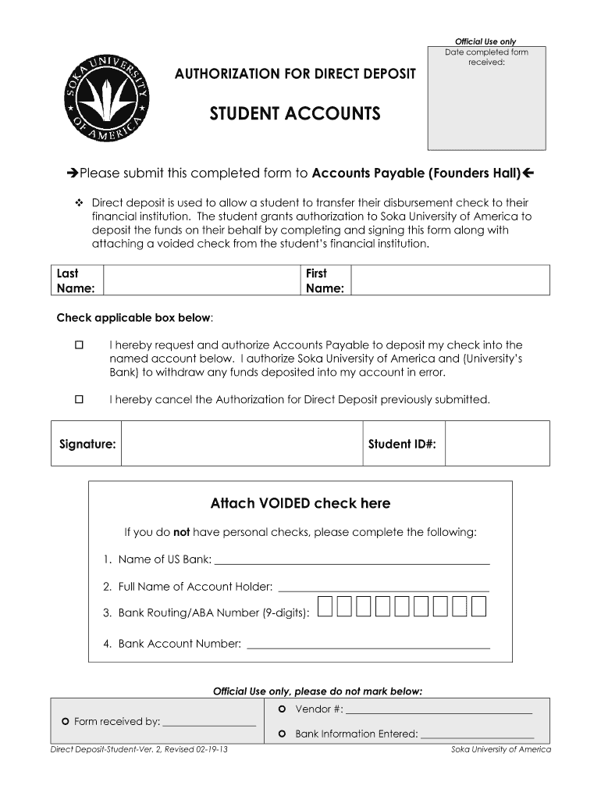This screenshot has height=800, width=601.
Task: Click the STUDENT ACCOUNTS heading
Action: coord(295,115)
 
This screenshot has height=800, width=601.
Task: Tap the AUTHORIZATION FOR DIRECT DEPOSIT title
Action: coord(295,73)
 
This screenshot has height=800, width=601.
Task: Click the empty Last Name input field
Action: coord(201,280)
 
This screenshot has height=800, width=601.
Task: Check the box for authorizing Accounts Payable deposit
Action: coord(79,345)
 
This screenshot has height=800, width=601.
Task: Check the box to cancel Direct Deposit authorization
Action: coord(79,399)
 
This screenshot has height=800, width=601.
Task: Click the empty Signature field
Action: coord(242,444)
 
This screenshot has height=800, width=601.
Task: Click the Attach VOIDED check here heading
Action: coord(300,503)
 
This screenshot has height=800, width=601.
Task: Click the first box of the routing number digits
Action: coord(324,607)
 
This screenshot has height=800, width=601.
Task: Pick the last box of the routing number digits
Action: coord(479,607)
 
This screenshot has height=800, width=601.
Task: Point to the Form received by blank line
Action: coord(209,723)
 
